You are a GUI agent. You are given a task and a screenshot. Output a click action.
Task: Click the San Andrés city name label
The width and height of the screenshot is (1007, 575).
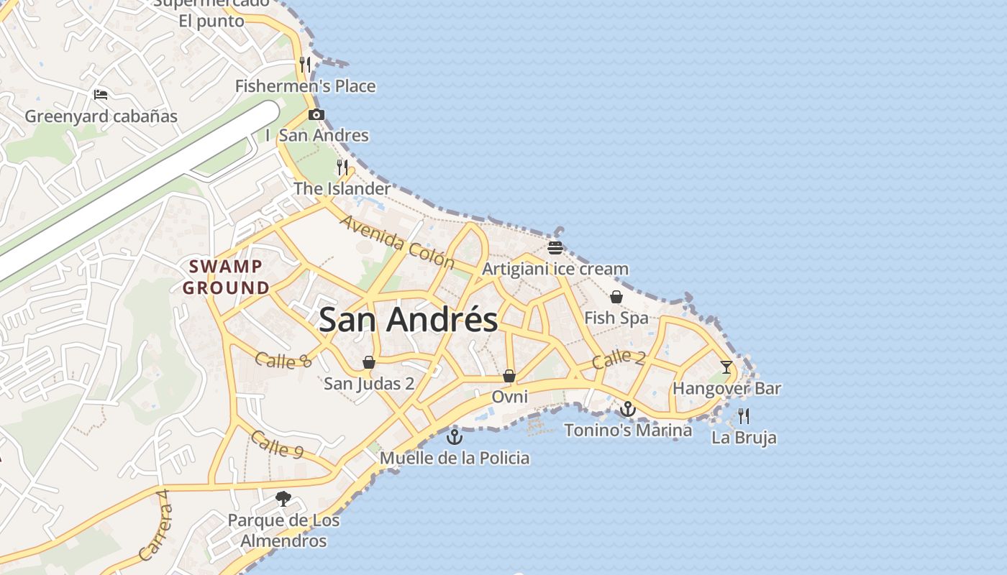pyautogui.click(x=408, y=320)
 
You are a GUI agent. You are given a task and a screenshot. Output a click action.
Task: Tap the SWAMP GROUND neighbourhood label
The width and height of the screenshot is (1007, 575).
pyautogui.click(x=225, y=277)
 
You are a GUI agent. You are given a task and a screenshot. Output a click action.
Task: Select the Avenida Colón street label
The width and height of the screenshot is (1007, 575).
pyautogui.click(x=397, y=241)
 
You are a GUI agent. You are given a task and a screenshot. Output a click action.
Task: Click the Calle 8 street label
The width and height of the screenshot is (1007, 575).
pyautogui.click(x=283, y=359)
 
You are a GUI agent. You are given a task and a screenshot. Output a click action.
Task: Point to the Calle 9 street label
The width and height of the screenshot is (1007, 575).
pyautogui.click(x=278, y=446)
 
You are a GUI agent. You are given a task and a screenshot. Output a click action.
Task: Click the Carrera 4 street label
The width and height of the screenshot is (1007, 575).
pyautogui.click(x=156, y=525)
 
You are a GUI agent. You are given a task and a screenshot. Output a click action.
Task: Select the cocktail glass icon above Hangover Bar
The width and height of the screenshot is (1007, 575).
pyautogui.click(x=726, y=367)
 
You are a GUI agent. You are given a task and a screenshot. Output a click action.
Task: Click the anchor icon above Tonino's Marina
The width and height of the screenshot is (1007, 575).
pyautogui.click(x=628, y=409)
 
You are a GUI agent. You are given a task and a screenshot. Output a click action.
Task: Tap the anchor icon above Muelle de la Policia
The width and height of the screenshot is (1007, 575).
pyautogui.click(x=455, y=436)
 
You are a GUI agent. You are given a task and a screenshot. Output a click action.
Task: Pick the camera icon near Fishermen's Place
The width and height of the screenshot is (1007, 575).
pyautogui.click(x=316, y=114)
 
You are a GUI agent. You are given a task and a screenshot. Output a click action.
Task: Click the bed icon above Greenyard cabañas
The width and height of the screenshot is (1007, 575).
pyautogui.click(x=101, y=94)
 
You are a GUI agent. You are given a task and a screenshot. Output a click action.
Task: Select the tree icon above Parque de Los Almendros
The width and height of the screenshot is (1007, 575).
pyautogui.click(x=283, y=498)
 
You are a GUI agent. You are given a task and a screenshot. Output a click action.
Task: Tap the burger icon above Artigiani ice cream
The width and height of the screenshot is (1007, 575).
pyautogui.click(x=555, y=248)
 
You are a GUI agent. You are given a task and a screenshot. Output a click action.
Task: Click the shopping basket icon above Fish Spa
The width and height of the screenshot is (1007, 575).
pyautogui.click(x=616, y=296)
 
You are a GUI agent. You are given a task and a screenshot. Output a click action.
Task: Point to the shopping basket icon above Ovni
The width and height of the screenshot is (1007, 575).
pyautogui.click(x=509, y=376)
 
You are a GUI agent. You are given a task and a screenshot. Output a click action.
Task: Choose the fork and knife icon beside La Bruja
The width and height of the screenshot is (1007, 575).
pyautogui.click(x=744, y=415)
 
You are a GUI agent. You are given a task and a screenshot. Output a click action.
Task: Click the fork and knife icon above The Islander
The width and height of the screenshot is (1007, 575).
pyautogui.click(x=342, y=167)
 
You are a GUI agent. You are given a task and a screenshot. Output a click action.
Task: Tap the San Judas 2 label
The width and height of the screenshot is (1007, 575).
pyautogui.click(x=369, y=383)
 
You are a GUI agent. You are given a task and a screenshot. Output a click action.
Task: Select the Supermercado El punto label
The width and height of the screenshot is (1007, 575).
pyautogui.click(x=211, y=13)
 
